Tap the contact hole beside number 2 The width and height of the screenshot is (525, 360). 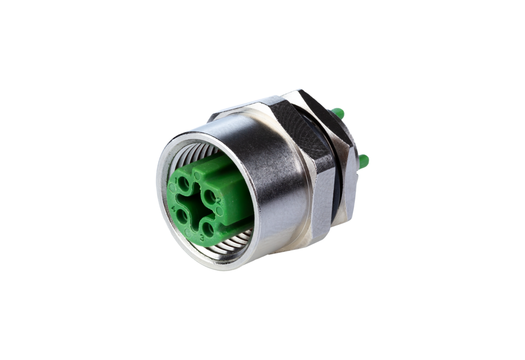tap(209, 195)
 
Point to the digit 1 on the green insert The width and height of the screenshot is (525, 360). tap(176, 176)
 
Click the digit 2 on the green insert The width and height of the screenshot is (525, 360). tap(219, 201)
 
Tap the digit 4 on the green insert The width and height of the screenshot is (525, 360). tap(173, 209)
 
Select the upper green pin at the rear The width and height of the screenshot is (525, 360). tap(338, 112)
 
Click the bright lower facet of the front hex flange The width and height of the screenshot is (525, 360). tap(323, 205)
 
